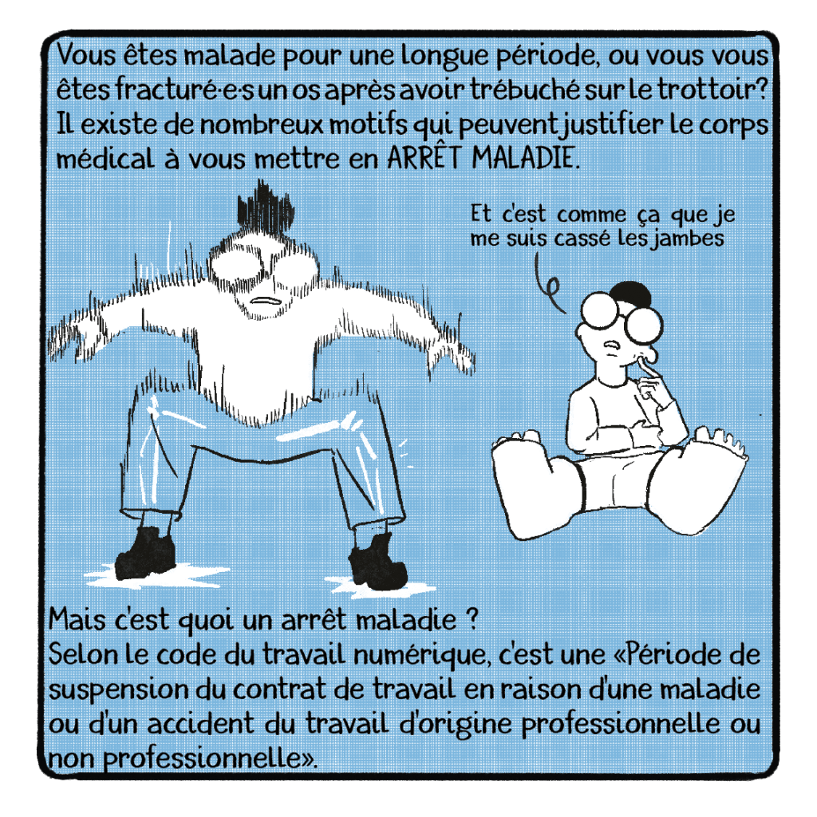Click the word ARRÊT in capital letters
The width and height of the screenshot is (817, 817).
pyautogui.click(x=424, y=157)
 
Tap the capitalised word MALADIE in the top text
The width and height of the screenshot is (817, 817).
pyautogui.click(x=525, y=158)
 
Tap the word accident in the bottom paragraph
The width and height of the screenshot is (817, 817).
pyautogui.click(x=201, y=724)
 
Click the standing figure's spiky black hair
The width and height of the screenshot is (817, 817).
pyautogui.click(x=265, y=207)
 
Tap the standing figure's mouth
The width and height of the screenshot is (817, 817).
pyautogui.click(x=265, y=301)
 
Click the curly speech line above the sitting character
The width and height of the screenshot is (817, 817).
pyautogui.click(x=548, y=285)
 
